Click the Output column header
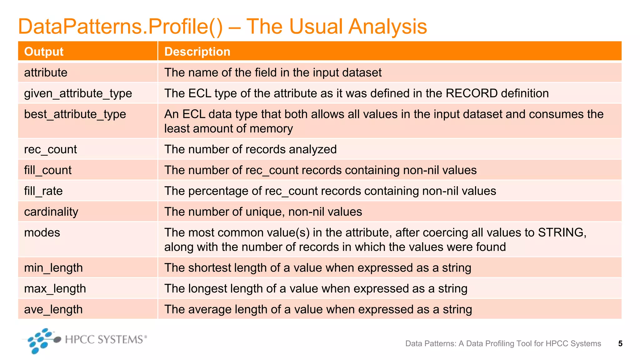[44, 52]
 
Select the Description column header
[197, 52]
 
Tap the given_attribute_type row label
[78, 93]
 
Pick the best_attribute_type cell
[75, 114]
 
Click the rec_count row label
[50, 149]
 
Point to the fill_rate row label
[43, 191]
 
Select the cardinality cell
[51, 212]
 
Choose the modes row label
[42, 232]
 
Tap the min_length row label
[53, 268]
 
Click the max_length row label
[55, 289]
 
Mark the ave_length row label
[53, 309]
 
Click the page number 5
[620, 344]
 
